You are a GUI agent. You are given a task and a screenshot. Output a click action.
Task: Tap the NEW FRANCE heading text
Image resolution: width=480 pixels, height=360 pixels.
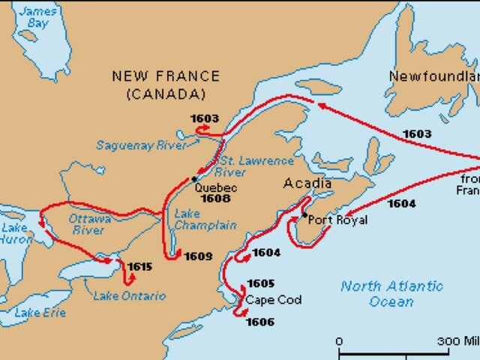tap(166, 76)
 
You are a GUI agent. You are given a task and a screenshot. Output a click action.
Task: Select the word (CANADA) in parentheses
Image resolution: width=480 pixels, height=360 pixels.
tap(166, 94)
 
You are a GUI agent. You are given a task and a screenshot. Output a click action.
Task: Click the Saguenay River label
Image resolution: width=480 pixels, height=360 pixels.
tap(141, 145)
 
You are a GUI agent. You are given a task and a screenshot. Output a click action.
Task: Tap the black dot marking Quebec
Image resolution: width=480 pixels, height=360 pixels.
tap(193, 178)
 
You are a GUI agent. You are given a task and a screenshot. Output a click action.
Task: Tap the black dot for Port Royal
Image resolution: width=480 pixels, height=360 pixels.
tap(304, 215)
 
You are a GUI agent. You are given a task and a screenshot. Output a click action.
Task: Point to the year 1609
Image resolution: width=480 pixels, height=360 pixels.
tap(198, 256)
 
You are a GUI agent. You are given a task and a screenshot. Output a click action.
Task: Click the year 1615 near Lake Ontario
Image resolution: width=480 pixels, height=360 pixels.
tap(140, 266)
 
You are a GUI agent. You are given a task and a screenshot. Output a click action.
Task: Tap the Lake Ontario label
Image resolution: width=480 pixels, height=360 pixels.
tap(129, 295)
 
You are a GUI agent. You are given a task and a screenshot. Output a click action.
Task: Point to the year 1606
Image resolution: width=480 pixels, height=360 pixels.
tap(259, 322)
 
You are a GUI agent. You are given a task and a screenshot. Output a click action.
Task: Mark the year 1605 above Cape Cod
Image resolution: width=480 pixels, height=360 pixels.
tap(260, 283)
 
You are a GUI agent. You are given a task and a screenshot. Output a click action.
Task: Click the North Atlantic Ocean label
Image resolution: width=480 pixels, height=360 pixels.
tap(391, 293)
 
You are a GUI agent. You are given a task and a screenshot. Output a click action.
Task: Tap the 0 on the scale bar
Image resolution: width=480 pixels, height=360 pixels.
tap(339, 342)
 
